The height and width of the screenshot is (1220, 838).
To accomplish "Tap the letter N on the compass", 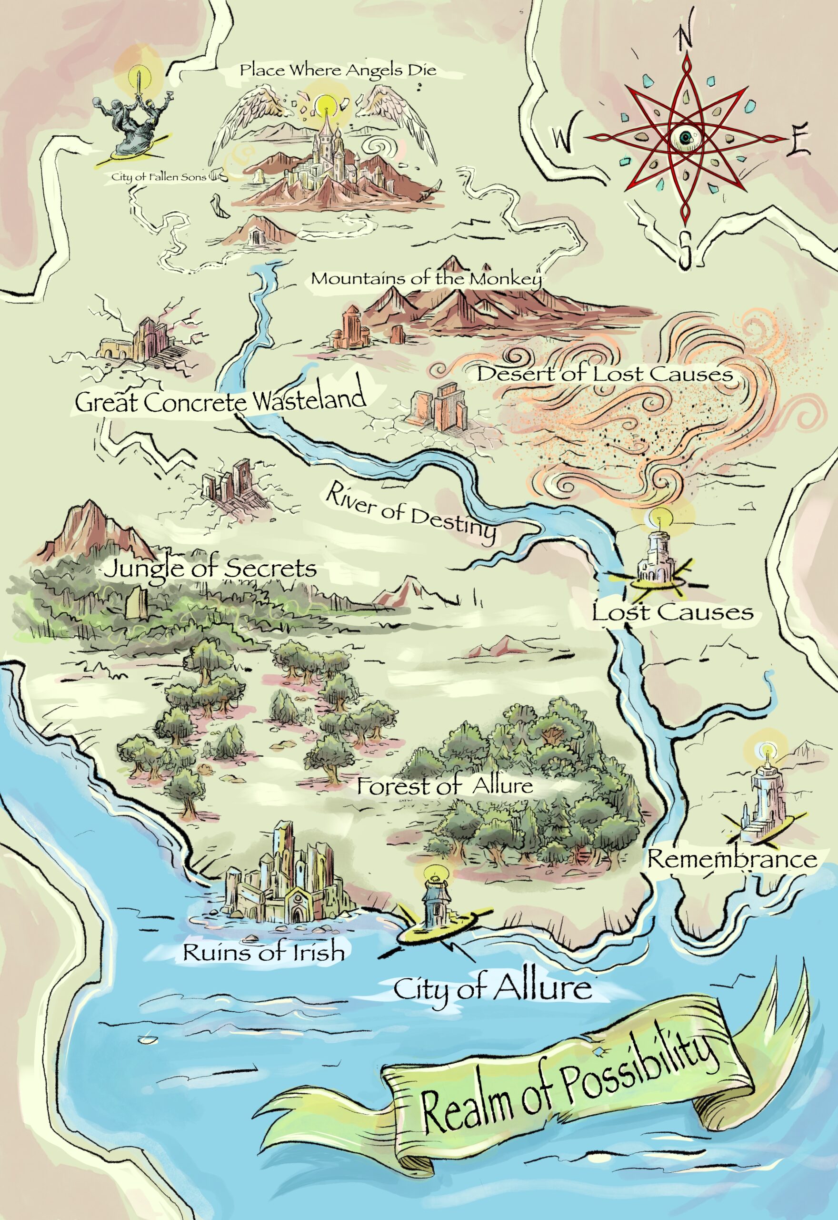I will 685,38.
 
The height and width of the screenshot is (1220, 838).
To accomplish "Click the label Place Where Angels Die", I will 338,71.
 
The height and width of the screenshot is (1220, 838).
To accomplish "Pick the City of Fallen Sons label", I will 159,177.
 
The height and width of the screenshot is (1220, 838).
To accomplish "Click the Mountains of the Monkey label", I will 426,278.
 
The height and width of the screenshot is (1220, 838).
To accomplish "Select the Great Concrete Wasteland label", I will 220,400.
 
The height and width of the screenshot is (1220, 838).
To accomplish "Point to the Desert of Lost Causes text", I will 604,374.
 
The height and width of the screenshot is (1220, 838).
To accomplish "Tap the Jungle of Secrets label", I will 210,569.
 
